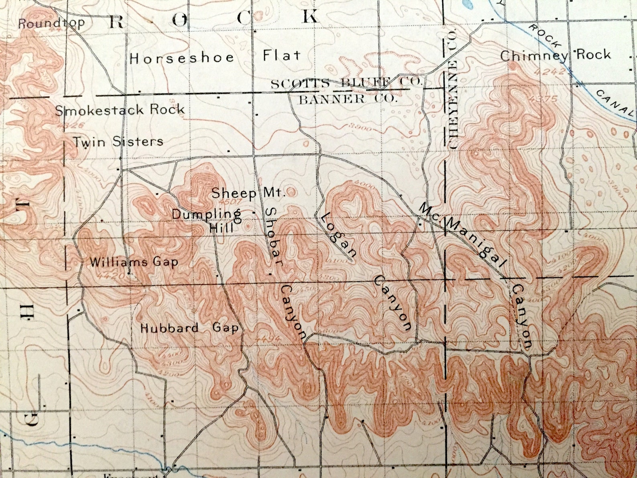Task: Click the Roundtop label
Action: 51,23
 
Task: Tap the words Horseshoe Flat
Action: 215,57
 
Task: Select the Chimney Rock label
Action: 555,55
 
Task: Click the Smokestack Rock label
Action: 120,110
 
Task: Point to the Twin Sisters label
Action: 118,141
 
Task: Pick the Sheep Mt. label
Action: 248,193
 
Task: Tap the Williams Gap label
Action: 134,262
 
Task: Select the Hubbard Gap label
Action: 189,328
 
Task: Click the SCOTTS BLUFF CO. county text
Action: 347,83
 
